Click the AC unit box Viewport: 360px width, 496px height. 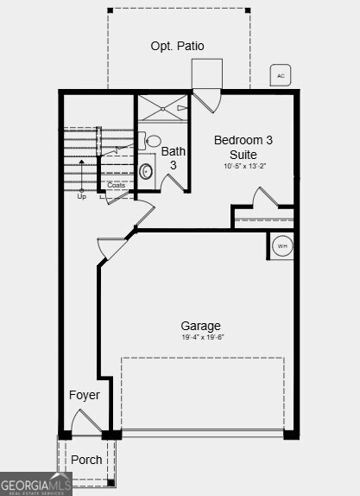point(281,76)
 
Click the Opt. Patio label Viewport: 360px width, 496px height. point(178,46)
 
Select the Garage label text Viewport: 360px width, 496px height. point(200,326)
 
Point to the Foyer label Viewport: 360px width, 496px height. point(85,395)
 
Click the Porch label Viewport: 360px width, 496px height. point(86,460)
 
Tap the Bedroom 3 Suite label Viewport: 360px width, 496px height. point(243,147)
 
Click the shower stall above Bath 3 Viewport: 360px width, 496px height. point(162,107)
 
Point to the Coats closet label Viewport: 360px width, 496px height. point(116,185)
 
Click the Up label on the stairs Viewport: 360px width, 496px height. point(82,196)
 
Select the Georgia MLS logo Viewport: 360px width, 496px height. point(35,485)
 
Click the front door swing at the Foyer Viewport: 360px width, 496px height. point(87,423)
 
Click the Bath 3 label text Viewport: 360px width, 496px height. point(173,158)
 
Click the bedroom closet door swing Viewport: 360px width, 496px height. point(263,198)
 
